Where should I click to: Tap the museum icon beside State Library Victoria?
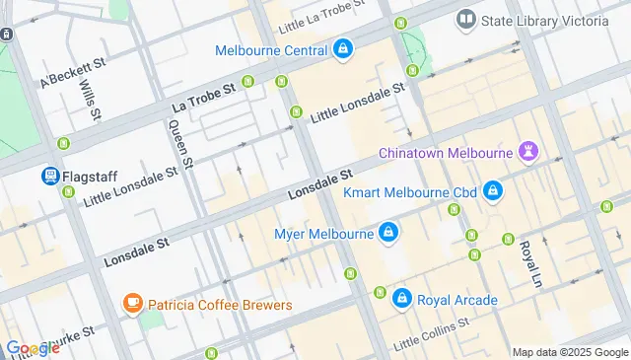pos(465,19)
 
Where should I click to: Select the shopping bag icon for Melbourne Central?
pos(342,49)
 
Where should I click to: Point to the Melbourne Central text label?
pos(272,49)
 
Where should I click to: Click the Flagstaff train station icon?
pos(48,177)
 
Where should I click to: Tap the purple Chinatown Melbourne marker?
pos(530,153)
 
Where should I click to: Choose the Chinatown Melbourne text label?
pos(446,153)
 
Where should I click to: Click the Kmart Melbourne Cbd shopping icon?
pos(493,191)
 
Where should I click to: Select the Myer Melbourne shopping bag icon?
pos(389,234)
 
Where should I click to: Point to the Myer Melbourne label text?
pos(323,234)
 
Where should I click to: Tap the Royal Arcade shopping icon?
pos(401,298)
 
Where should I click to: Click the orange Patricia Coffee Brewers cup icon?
pos(132,304)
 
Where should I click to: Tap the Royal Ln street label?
pos(530,261)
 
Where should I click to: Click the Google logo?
pos(33,348)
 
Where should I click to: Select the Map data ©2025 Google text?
pos(569,352)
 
